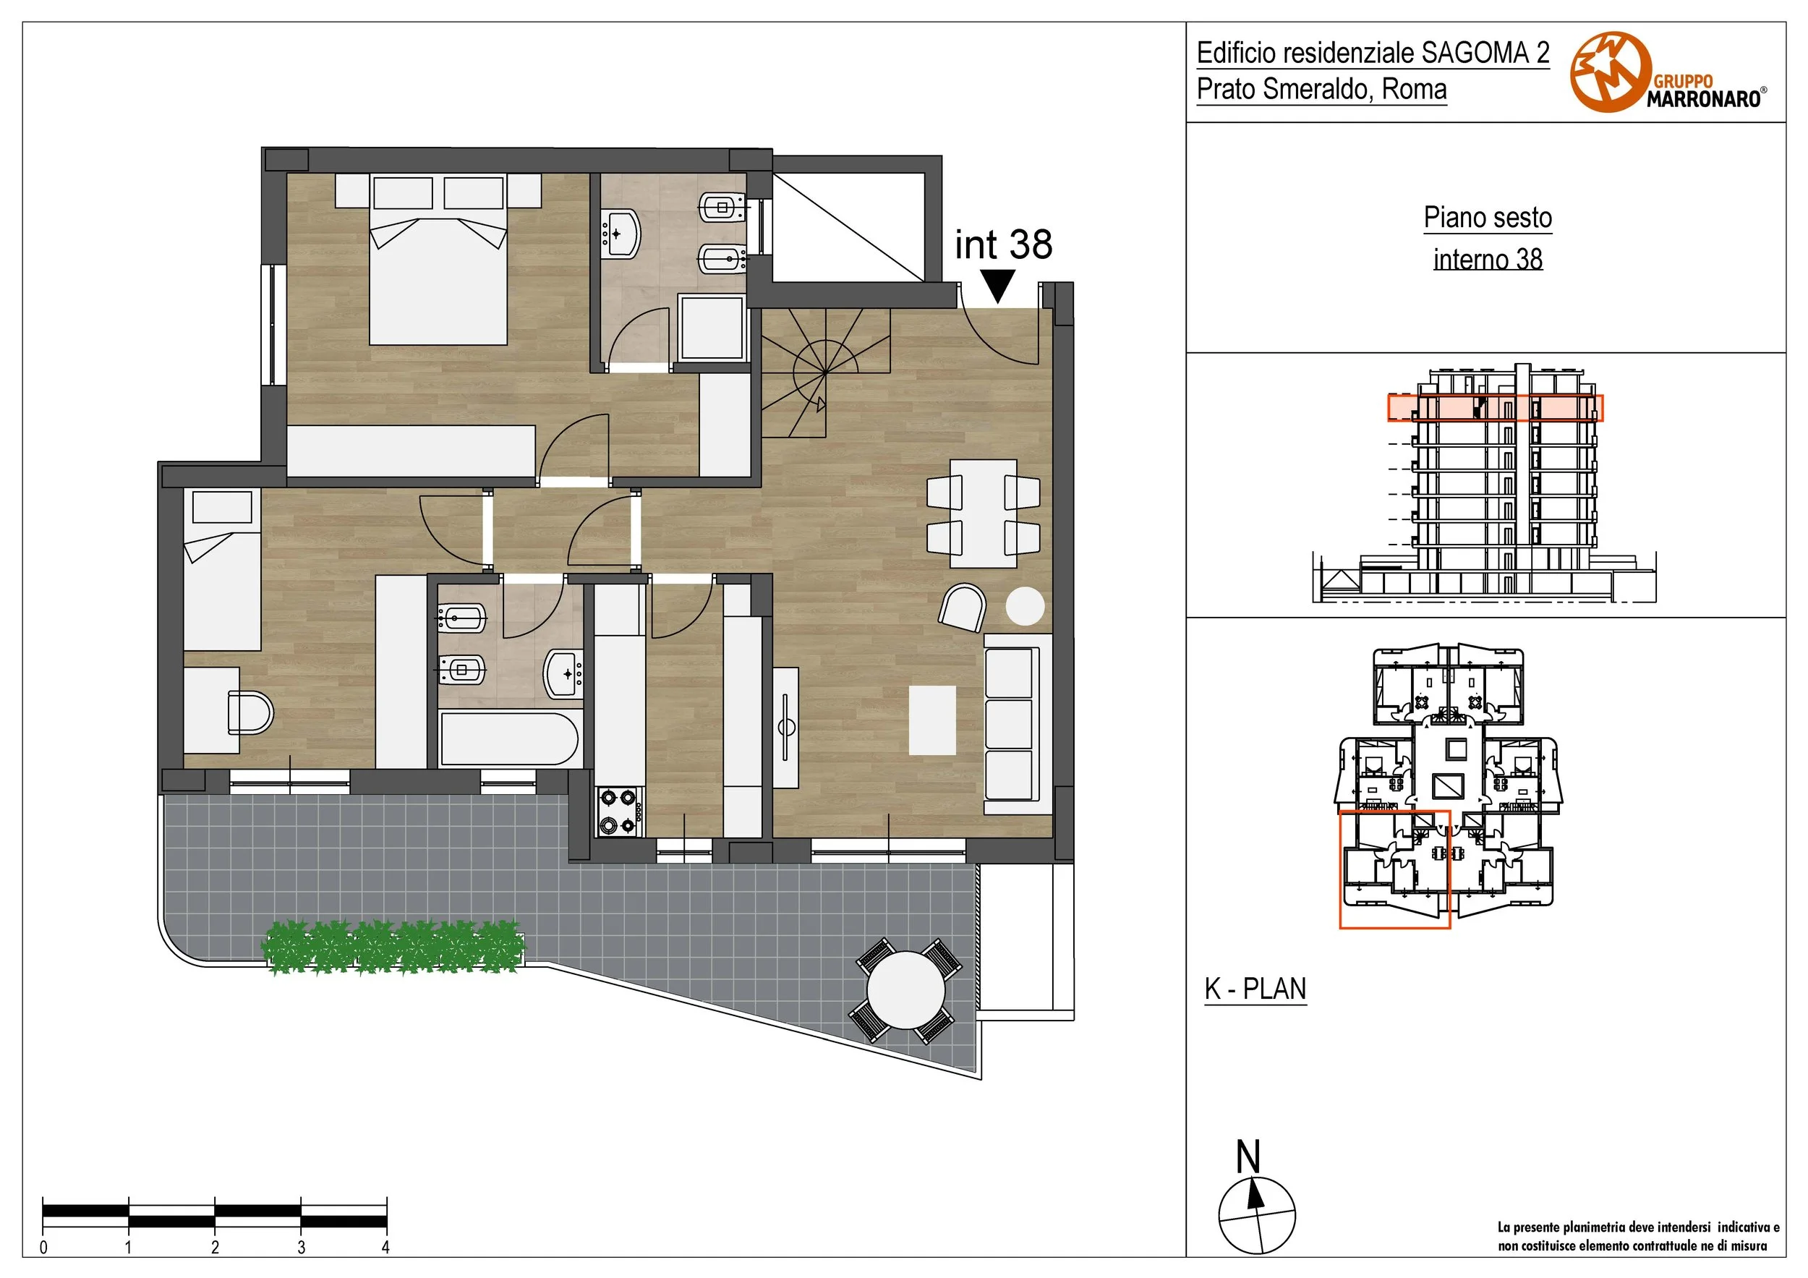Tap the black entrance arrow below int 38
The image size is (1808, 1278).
pyautogui.click(x=998, y=286)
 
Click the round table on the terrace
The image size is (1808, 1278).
pyautogui.click(x=905, y=990)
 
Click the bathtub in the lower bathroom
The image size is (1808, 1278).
pyautogui.click(x=509, y=738)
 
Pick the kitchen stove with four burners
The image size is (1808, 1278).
pyautogui.click(x=619, y=811)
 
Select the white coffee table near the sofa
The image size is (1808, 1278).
pyautogui.click(x=932, y=720)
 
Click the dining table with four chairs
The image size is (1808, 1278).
pyautogui.click(x=984, y=514)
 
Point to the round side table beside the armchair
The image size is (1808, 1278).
pyautogui.click(x=1025, y=606)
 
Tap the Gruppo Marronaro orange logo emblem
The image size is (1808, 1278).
pyautogui.click(x=1611, y=72)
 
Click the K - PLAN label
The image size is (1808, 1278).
pyautogui.click(x=1255, y=988)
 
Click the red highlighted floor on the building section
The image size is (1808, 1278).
pyautogui.click(x=1495, y=408)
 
